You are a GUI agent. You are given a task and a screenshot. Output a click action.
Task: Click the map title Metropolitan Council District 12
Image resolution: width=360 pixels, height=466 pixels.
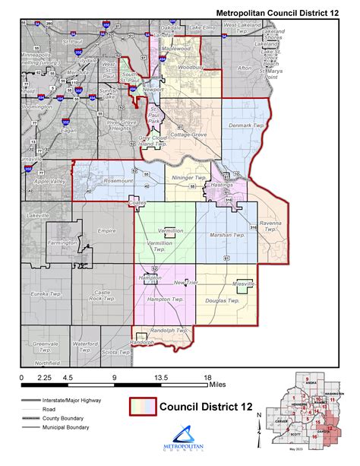(279, 13)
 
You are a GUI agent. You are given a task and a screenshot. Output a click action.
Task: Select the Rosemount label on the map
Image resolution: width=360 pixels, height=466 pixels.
(117, 181)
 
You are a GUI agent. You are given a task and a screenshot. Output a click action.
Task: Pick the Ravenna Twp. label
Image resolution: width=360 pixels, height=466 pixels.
(272, 226)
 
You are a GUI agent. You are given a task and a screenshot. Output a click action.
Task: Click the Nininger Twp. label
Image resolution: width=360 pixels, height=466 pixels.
(188, 175)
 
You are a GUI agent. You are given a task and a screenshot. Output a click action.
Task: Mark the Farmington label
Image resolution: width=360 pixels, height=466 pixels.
(65, 243)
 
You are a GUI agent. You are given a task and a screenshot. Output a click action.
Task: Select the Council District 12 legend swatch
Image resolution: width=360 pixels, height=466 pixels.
(141, 408)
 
